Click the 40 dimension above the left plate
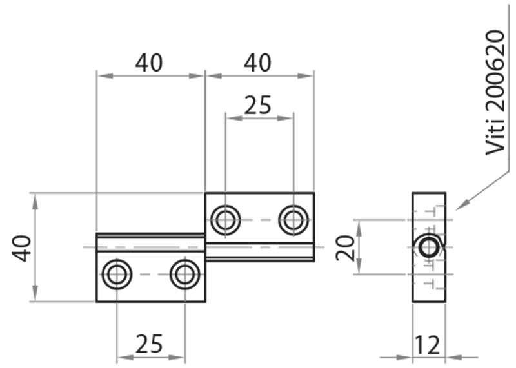pyautogui.click(x=149, y=63)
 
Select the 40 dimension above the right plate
pyautogui.click(x=258, y=63)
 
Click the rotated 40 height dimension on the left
pyautogui.click(x=23, y=247)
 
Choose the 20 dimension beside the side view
pyautogui.click(x=346, y=247)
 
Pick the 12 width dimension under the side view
pyautogui.click(x=429, y=345)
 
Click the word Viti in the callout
pyautogui.click(x=495, y=138)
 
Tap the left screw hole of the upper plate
pyautogui.click(x=225, y=220)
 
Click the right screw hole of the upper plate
pyautogui.click(x=293, y=220)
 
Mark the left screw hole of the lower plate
pyautogui.click(x=117, y=275)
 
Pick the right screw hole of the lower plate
pyautogui.click(x=184, y=275)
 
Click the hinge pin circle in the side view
pyautogui.click(x=428, y=247)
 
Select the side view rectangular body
pyautogui.click(x=429, y=284)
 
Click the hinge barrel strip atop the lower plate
pyautogui.click(x=150, y=242)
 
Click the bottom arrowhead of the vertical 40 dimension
pyautogui.click(x=35, y=296)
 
